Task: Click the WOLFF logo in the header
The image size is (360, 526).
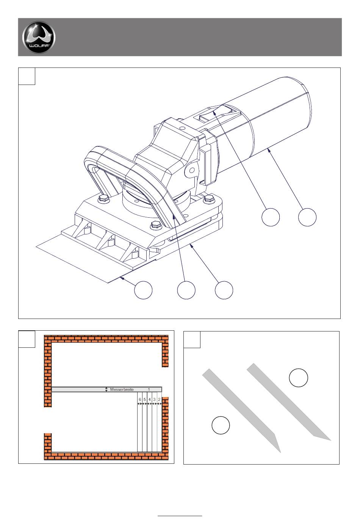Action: (39, 37)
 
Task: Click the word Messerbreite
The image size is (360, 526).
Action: (122, 389)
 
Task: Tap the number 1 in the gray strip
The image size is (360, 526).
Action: (149, 389)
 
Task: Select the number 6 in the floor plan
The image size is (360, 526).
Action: (140, 399)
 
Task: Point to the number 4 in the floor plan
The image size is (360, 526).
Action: (149, 399)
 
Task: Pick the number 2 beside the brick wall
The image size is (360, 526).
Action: (160, 399)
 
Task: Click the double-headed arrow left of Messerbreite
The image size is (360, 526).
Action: (106, 389)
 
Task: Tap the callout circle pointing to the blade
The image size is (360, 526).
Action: (143, 290)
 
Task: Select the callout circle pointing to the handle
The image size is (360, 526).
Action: (186, 290)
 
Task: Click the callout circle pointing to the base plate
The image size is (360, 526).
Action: (224, 290)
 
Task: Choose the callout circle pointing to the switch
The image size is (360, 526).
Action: (271, 217)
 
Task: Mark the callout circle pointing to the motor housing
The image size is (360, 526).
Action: (307, 217)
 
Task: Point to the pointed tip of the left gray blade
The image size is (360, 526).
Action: (281, 452)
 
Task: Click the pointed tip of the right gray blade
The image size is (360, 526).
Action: (331, 440)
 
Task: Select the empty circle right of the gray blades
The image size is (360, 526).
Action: (298, 378)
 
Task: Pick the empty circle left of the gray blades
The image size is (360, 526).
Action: (221, 425)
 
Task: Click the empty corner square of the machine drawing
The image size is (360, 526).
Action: (27, 76)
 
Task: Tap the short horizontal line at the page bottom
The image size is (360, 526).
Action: (180, 516)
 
